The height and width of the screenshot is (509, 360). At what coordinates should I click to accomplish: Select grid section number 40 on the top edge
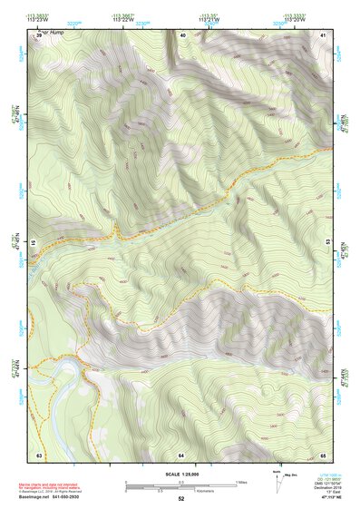(182, 34)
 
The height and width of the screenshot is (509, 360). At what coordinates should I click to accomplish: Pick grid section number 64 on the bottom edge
(181, 454)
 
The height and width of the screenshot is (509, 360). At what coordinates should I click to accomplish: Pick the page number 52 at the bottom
(180, 499)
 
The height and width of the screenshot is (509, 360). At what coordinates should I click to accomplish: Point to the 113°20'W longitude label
(294, 18)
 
